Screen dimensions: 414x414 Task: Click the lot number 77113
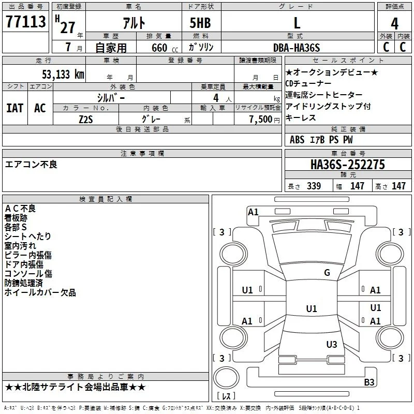click(25, 21)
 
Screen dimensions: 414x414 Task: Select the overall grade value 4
click(394, 24)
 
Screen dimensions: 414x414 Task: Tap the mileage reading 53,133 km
click(63, 75)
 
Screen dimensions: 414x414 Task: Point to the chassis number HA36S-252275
click(348, 165)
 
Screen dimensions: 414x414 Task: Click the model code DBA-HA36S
click(297, 48)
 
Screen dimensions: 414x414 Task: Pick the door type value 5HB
click(200, 23)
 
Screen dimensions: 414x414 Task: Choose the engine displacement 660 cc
click(165, 48)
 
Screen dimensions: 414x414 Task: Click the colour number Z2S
click(86, 120)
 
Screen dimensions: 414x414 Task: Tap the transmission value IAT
click(15, 108)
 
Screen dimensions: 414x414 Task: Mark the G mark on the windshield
click(327, 273)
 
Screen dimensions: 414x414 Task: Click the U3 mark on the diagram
click(332, 345)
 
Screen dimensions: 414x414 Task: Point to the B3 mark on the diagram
click(369, 382)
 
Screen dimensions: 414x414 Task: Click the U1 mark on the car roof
click(312, 308)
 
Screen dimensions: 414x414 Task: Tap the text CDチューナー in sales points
click(308, 84)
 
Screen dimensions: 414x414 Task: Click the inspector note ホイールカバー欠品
click(40, 292)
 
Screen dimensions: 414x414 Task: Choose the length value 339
click(314, 186)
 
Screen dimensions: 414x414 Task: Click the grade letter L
click(297, 23)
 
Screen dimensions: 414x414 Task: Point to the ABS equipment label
click(297, 140)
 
